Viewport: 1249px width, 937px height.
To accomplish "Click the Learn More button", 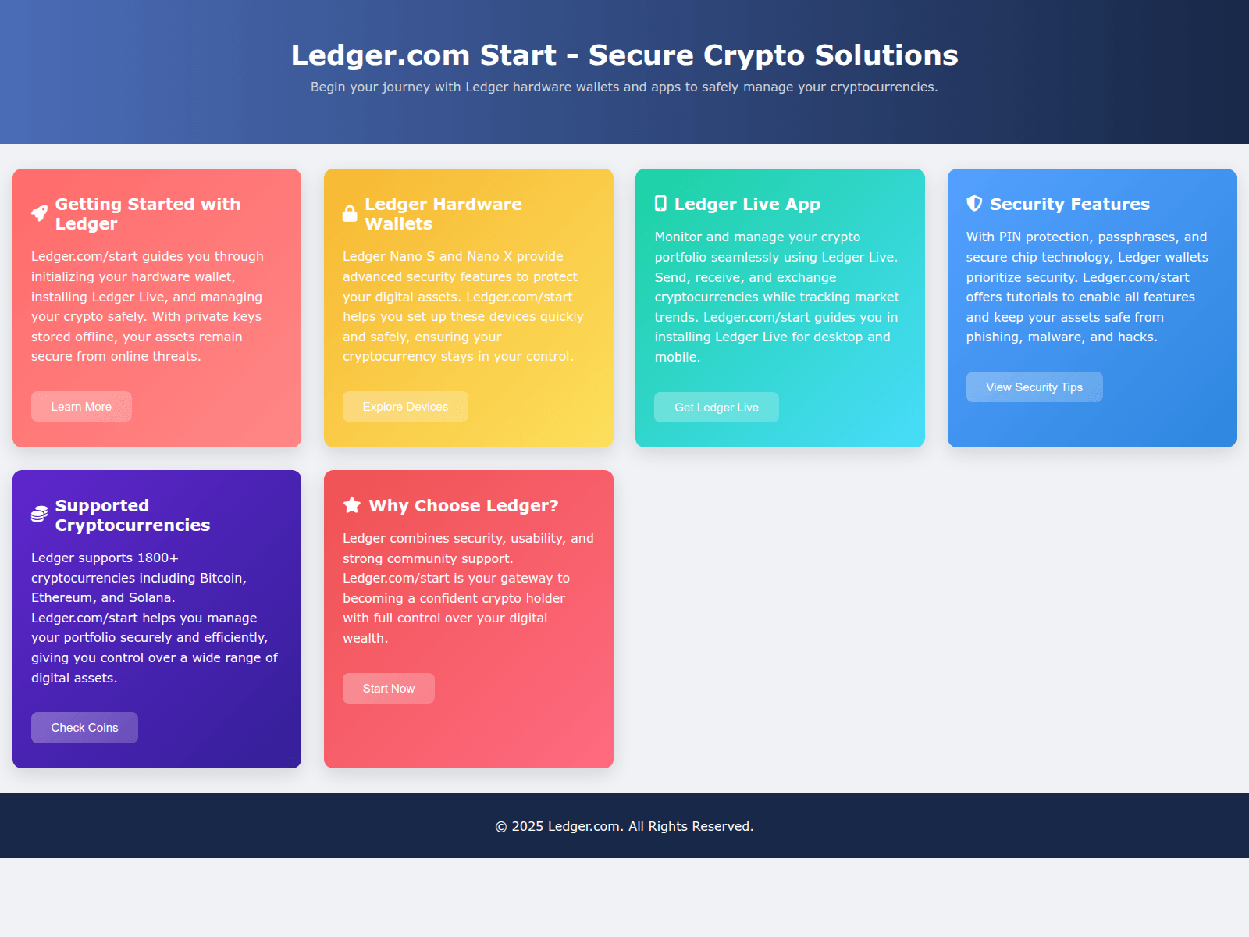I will (x=81, y=407).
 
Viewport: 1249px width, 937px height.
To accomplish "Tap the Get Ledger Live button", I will (x=716, y=408).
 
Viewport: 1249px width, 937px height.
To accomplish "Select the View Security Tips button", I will (x=1034, y=387).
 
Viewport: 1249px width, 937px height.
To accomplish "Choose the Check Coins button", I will (x=84, y=728).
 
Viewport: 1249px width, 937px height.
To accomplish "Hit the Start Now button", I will (x=388, y=689).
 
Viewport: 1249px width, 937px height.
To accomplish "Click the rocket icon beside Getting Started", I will (x=39, y=213).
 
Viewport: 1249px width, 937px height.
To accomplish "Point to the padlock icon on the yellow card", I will (x=350, y=213).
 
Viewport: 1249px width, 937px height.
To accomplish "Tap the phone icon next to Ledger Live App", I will (x=660, y=204).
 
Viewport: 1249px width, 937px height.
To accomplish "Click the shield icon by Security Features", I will (x=974, y=204).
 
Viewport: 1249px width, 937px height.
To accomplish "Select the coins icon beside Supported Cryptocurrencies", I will (x=39, y=515).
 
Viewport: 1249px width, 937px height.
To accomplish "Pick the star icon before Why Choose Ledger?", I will (x=352, y=505).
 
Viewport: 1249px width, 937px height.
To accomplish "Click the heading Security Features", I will (x=1069, y=205).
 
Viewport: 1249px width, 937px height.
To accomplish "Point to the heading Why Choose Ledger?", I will (x=463, y=506).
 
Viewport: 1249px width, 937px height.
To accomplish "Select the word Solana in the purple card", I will (x=150, y=598).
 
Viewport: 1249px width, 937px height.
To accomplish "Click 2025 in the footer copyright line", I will (x=527, y=827).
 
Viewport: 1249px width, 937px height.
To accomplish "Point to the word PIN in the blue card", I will (x=1009, y=237).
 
